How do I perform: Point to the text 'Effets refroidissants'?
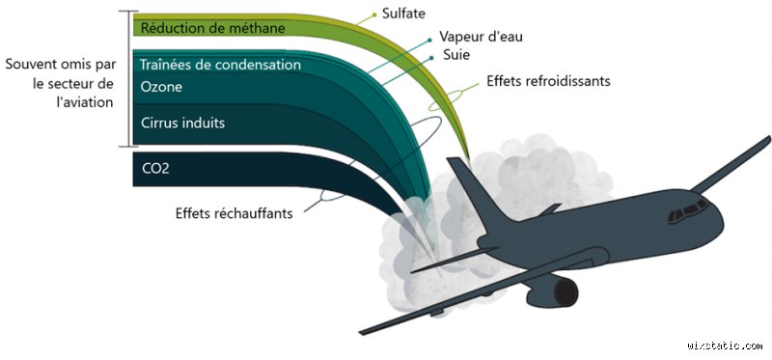[x=548, y=82]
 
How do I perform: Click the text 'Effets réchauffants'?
[x=234, y=213]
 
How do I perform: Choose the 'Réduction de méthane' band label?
[x=212, y=28]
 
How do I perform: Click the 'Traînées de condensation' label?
[x=220, y=66]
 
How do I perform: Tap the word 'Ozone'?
[x=161, y=87]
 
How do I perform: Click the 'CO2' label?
[x=155, y=169]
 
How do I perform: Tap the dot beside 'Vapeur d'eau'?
[x=429, y=40]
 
